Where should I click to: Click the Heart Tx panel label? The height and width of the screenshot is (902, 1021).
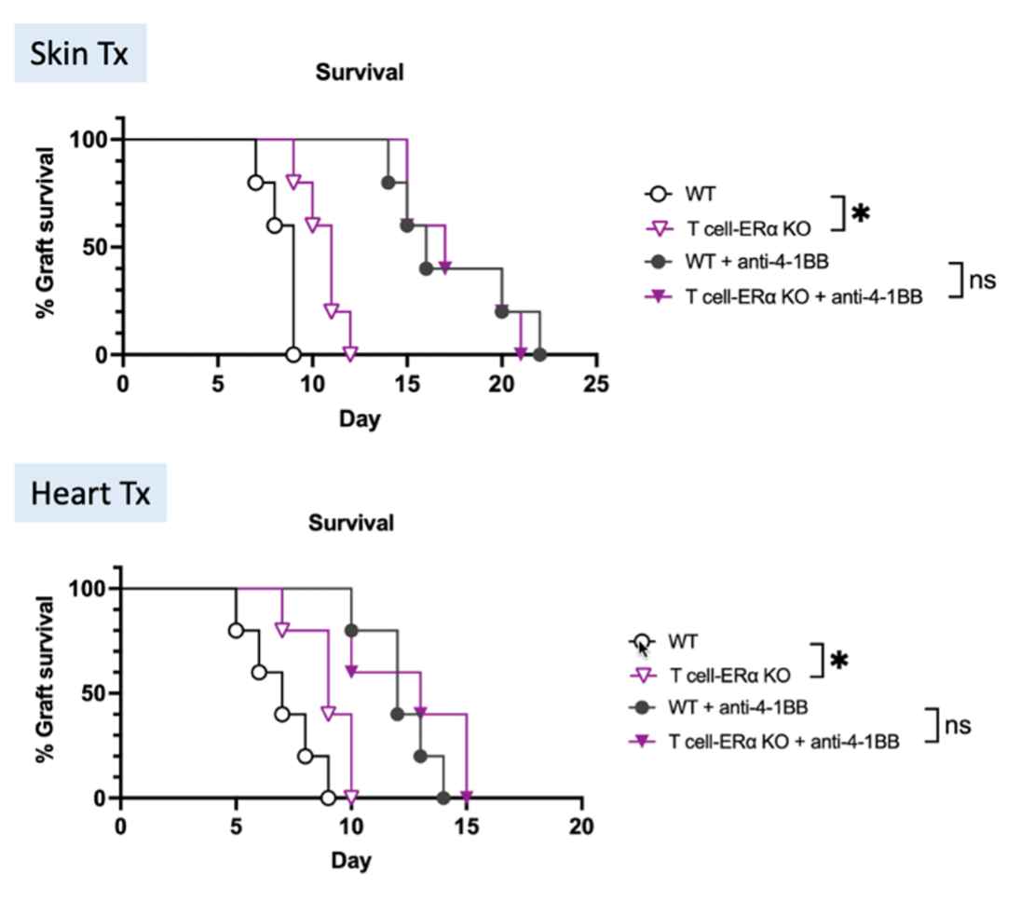(x=90, y=493)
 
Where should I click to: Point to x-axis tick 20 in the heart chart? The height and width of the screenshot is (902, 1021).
(x=581, y=826)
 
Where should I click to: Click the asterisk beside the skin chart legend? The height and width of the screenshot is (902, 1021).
(x=861, y=213)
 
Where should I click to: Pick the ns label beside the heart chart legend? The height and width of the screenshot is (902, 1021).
(x=958, y=724)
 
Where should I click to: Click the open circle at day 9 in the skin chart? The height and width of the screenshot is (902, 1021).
(x=293, y=354)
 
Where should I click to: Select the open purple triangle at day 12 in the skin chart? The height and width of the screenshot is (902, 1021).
(x=350, y=354)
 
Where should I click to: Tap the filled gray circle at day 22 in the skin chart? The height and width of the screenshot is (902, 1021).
(x=539, y=354)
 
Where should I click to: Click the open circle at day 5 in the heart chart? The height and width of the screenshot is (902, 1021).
(x=236, y=631)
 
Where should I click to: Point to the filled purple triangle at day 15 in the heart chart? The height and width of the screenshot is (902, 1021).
(x=466, y=797)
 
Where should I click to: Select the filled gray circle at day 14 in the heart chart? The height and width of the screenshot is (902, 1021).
(x=443, y=798)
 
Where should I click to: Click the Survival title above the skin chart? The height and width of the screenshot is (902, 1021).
(x=359, y=72)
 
